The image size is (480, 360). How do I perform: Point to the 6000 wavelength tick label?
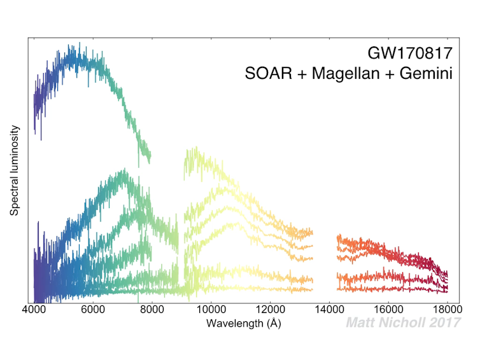(x=93, y=310)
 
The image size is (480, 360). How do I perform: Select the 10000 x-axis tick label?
(x=209, y=310)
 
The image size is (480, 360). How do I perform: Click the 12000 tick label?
(x=269, y=310)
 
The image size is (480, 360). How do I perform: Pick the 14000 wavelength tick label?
(x=328, y=310)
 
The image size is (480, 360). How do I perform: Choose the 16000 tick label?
(x=388, y=310)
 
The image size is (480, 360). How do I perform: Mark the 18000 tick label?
(x=447, y=310)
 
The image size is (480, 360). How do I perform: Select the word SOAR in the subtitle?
(x=265, y=74)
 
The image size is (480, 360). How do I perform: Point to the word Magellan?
(x=344, y=74)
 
